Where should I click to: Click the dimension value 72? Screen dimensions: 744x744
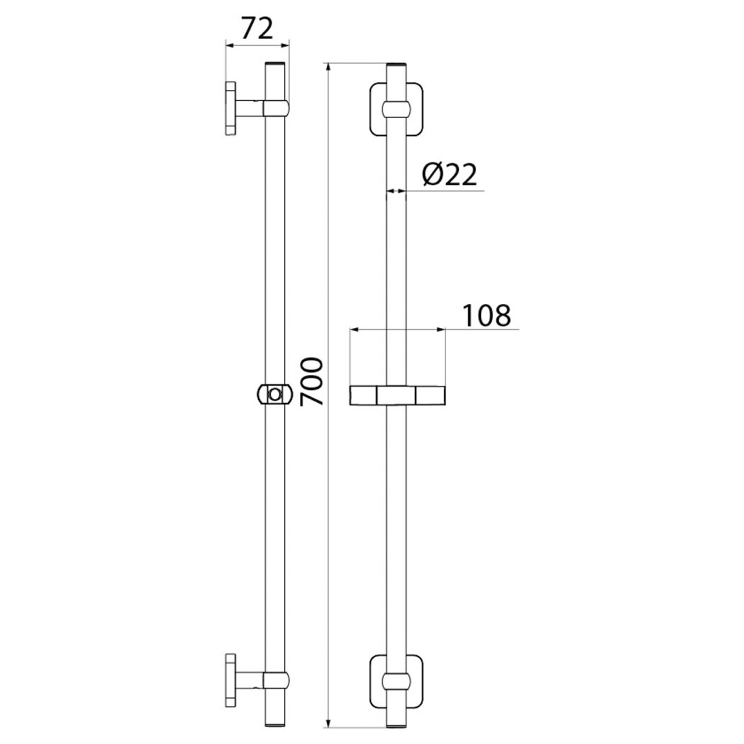coord(258,28)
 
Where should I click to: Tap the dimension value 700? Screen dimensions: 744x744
coord(311,381)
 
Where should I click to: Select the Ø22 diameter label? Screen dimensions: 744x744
coord(449,174)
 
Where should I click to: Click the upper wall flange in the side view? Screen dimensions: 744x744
coord(230,108)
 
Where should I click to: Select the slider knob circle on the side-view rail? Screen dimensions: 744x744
coord(275,395)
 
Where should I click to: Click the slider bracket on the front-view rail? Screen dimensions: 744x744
coord(397,395)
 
